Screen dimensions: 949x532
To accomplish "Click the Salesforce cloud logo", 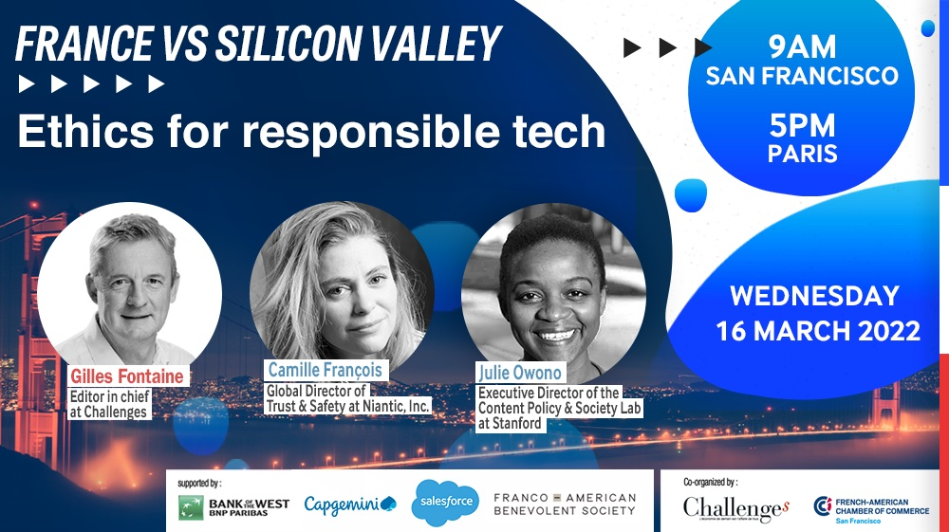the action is [445, 502].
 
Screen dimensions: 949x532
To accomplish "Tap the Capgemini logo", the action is [350, 504].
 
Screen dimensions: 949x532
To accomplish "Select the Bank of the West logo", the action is [233, 507].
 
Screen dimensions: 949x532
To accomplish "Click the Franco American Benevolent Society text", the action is [565, 504].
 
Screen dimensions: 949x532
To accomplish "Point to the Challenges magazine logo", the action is [736, 509].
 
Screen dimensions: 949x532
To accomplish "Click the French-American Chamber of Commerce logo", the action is [871, 509].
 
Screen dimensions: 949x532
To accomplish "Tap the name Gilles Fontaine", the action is [127, 376].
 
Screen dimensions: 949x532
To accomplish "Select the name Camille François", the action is [325, 370].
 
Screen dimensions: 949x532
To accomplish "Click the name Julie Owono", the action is [520, 373].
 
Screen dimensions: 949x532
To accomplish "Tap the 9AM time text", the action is [802, 46].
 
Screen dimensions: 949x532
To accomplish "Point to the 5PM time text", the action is [802, 126].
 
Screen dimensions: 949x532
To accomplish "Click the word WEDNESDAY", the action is [814, 296].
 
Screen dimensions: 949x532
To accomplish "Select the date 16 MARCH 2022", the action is [818, 331].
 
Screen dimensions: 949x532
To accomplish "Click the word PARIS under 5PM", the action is [803, 154].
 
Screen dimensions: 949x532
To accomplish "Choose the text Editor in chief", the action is [109, 396].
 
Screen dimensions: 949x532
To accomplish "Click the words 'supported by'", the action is [199, 483].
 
